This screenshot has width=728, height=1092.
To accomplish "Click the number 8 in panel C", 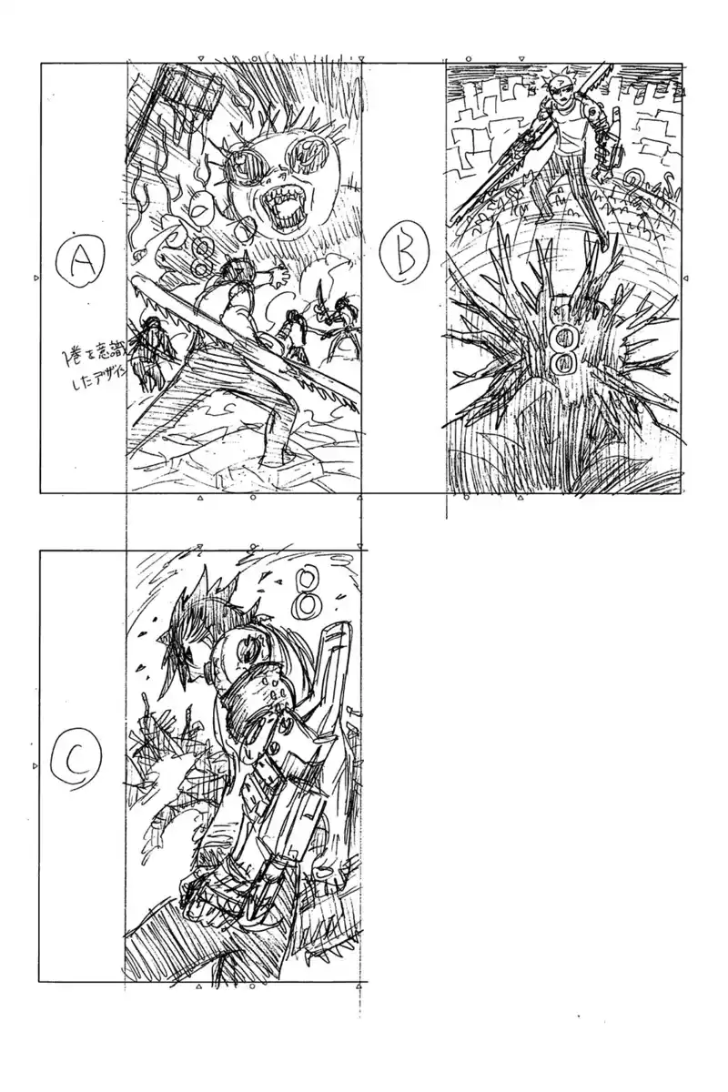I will click(308, 591).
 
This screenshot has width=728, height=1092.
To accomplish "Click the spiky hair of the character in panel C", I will click(196, 619).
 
